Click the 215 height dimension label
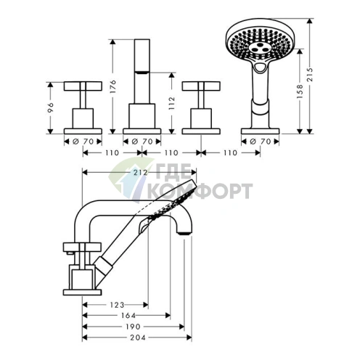310,75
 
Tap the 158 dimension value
300,91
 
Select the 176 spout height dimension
113,86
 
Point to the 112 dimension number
172,103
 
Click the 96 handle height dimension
51,107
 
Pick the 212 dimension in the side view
141,172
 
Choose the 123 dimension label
117,305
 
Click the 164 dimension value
128,315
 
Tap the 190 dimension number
133,327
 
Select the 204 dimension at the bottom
138,337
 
